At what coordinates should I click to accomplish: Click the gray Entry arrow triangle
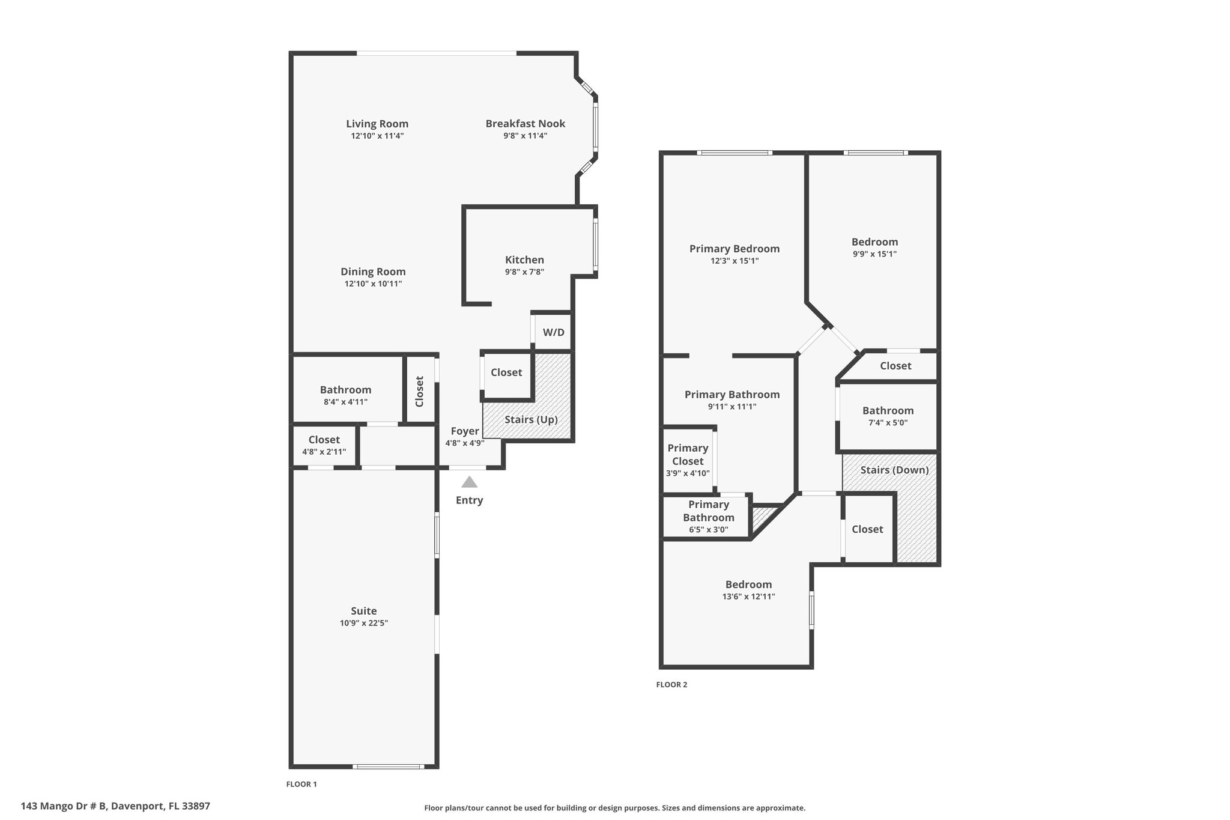click(x=469, y=482)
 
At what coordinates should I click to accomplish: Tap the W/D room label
click(x=554, y=332)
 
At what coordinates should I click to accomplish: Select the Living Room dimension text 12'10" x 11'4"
click(x=377, y=136)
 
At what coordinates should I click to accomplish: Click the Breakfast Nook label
click(x=526, y=124)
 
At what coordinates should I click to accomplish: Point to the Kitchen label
click(x=524, y=260)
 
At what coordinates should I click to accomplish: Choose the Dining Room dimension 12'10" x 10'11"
click(x=373, y=284)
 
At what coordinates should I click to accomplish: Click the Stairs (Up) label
click(x=531, y=419)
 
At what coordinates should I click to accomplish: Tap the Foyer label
click(x=465, y=431)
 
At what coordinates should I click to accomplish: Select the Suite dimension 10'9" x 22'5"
click(x=364, y=624)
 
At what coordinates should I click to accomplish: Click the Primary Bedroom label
click(x=735, y=249)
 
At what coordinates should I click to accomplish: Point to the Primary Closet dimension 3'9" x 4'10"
click(x=688, y=473)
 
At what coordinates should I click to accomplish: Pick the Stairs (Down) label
click(x=894, y=470)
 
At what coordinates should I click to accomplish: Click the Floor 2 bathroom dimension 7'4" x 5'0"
click(x=888, y=423)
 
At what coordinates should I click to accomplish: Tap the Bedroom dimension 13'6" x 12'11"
click(x=748, y=597)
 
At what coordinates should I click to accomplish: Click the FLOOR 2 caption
click(x=671, y=685)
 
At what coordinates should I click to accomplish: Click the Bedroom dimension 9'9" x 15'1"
click(x=874, y=254)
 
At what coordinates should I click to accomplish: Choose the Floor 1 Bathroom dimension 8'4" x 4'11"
click(x=345, y=402)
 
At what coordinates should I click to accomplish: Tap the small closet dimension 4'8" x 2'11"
click(x=324, y=452)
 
